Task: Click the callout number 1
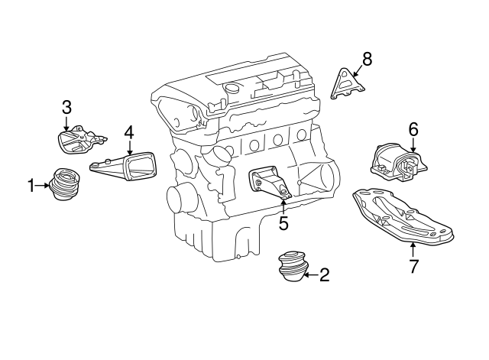pos(32,185)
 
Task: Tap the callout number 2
pos(324,275)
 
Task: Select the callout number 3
pos(66,106)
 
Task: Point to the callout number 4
pos(129,131)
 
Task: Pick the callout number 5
pos(283,224)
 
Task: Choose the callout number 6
pos(413,129)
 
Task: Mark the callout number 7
pos(413,267)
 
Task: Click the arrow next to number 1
pos(43,185)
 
